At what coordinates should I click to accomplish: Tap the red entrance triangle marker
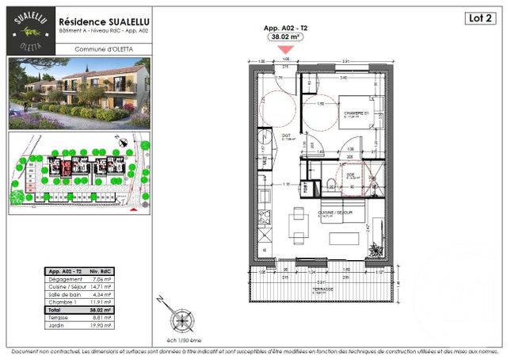pyautogui.click(x=286, y=49)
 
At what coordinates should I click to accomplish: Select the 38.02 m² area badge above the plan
pyautogui.click(x=285, y=36)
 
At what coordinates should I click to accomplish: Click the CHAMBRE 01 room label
pyautogui.click(x=357, y=114)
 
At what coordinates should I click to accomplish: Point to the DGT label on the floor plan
pyautogui.click(x=286, y=136)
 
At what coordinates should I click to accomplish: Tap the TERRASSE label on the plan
pyautogui.click(x=322, y=289)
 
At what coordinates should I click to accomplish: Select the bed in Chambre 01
pyautogui.click(x=361, y=119)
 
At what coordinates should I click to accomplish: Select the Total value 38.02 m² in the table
pyautogui.click(x=98, y=309)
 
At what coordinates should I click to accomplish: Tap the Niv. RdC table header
pyautogui.click(x=99, y=270)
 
